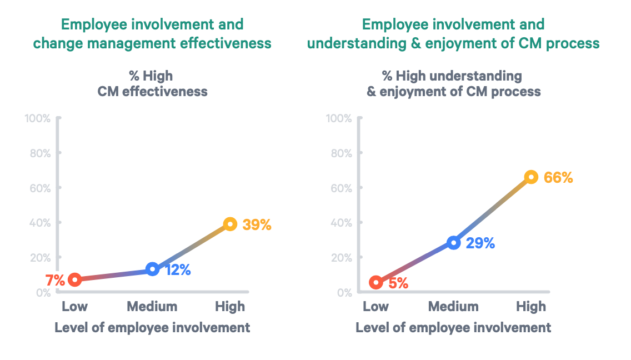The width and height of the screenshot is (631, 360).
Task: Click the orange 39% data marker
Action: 230,224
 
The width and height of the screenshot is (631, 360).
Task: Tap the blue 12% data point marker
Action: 152,269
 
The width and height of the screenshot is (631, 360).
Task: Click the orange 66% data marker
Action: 531,177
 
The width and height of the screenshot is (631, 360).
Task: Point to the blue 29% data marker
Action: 453,243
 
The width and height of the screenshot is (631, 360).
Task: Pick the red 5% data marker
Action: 376,282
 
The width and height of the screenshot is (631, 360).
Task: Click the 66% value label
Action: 558,178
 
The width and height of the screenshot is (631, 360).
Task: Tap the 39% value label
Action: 257,225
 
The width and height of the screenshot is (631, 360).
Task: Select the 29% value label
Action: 480,243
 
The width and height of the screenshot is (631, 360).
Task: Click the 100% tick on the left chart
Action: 38,118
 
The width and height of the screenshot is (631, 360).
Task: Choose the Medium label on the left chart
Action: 152,306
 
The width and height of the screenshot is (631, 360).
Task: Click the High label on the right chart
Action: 531,306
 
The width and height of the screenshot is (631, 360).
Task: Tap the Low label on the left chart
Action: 74,306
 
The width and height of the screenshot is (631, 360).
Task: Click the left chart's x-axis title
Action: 152,327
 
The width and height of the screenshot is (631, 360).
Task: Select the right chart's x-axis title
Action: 453,327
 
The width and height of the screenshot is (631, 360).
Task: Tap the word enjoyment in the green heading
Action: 457,43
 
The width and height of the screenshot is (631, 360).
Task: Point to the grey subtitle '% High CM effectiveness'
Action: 152,84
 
